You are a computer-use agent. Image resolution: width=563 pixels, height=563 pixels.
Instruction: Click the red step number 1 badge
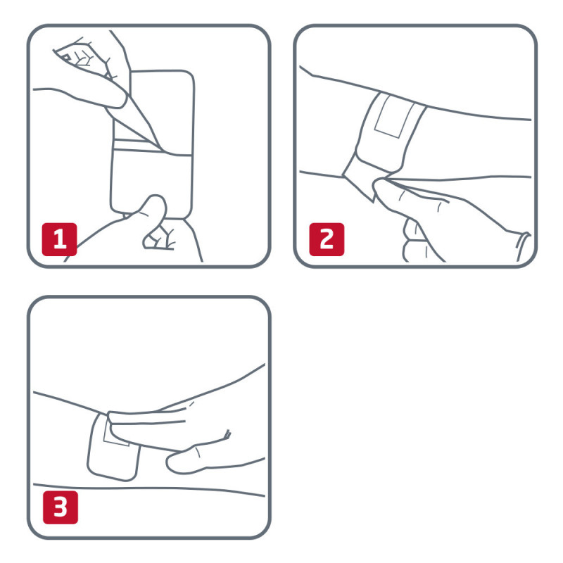pyautogui.click(x=60, y=241)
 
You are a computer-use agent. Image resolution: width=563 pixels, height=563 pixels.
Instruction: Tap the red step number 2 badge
pyautogui.click(x=327, y=240)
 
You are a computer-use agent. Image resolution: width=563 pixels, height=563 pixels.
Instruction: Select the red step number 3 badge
pyautogui.click(x=61, y=510)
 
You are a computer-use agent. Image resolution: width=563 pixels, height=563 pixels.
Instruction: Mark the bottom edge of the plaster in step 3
pyautogui.click(x=113, y=479)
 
